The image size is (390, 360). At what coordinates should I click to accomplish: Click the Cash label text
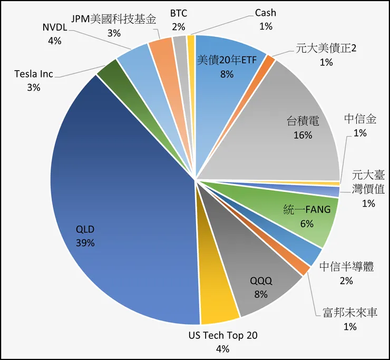[265, 13]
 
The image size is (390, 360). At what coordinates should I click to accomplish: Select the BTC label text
[179, 13]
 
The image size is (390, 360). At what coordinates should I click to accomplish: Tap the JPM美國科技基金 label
[113, 20]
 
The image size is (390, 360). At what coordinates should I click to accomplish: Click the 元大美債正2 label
[326, 49]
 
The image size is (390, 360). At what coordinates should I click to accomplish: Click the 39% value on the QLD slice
[85, 242]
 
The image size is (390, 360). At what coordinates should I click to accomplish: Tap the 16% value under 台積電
[303, 135]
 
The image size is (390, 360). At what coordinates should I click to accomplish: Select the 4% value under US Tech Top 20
[223, 348]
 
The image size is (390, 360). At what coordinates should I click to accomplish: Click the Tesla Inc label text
[34, 74]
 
